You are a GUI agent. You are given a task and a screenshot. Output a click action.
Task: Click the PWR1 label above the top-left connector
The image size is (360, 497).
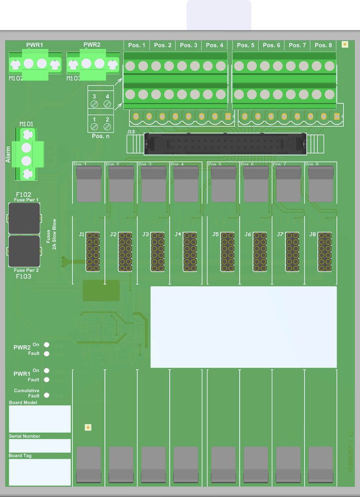tap(35, 45)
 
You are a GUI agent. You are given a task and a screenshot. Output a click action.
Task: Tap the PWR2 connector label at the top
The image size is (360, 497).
tap(92, 44)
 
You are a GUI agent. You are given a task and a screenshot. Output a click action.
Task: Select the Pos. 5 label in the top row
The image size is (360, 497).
tap(246, 45)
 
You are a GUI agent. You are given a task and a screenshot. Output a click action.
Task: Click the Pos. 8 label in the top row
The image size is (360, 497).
tap(323, 45)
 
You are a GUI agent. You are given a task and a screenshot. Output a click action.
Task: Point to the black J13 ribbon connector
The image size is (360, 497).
tap(225, 144)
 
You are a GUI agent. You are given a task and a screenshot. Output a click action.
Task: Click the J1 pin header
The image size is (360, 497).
tap(93, 251)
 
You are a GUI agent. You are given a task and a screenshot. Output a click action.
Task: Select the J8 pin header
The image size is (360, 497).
tap(325, 251)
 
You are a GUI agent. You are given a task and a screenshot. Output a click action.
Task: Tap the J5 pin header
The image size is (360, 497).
tap(227, 251)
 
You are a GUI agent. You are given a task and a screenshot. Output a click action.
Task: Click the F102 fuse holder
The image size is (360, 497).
tap(24, 218)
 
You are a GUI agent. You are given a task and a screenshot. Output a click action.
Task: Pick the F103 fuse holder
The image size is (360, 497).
tap(24, 251)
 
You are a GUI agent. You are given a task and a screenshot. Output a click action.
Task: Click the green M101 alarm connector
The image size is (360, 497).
tap(27, 154)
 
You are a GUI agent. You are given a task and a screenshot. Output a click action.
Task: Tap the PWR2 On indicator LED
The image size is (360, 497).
tap(47, 345)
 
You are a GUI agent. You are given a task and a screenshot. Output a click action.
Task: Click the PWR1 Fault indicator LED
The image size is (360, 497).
tap(47, 380)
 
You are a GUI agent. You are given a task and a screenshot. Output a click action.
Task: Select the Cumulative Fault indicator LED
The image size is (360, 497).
tap(47, 395)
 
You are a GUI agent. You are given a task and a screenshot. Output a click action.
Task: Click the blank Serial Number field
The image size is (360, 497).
tap(40, 445)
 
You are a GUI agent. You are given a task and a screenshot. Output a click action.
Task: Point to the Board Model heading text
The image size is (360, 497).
tap(23, 403)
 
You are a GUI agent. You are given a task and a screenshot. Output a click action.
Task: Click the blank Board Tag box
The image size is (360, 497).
tap(40, 472)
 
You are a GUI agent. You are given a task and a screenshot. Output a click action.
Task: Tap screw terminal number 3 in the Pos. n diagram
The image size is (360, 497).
tap(94, 103)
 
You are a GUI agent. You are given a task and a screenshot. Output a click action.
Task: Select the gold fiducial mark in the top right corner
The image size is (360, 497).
tap(345, 44)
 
